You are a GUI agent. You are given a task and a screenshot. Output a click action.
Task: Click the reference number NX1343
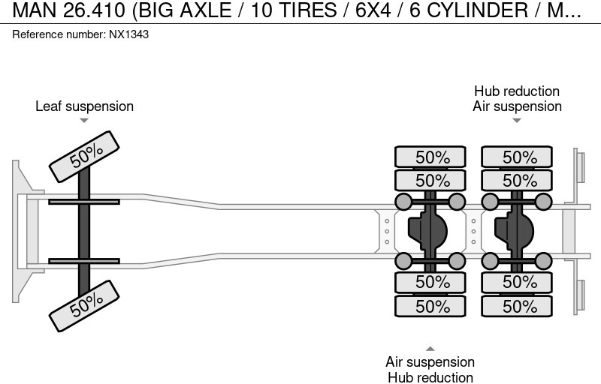(128, 35)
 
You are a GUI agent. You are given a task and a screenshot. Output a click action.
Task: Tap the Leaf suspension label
(84, 106)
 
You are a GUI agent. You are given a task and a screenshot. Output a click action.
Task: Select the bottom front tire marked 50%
(86, 302)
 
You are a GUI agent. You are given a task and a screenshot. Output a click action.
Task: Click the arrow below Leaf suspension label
(84, 120)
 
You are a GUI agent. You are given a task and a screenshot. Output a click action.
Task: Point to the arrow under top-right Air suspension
(517, 120)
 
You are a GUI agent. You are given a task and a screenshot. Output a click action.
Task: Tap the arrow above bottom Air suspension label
(430, 348)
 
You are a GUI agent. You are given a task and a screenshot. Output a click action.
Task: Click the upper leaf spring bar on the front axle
(84, 201)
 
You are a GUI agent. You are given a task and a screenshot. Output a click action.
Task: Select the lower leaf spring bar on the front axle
(84, 261)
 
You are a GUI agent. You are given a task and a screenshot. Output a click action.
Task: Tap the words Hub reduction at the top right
(517, 91)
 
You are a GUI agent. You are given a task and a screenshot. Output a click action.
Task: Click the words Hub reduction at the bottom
(430, 377)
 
